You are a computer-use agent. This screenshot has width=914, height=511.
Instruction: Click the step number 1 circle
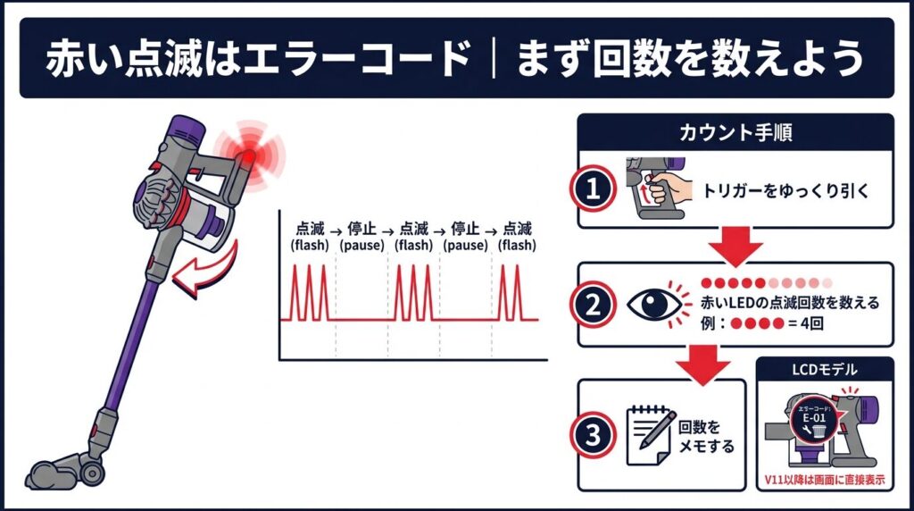tap(593, 188)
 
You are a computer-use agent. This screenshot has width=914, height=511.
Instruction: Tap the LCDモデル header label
tap(825, 370)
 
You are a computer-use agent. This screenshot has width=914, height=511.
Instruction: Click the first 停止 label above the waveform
tap(361, 228)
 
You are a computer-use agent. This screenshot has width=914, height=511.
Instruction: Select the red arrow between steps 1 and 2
tap(735, 243)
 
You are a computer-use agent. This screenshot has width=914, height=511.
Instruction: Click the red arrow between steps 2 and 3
tap(704, 363)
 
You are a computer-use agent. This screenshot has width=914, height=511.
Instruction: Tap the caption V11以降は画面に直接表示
tap(825, 478)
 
